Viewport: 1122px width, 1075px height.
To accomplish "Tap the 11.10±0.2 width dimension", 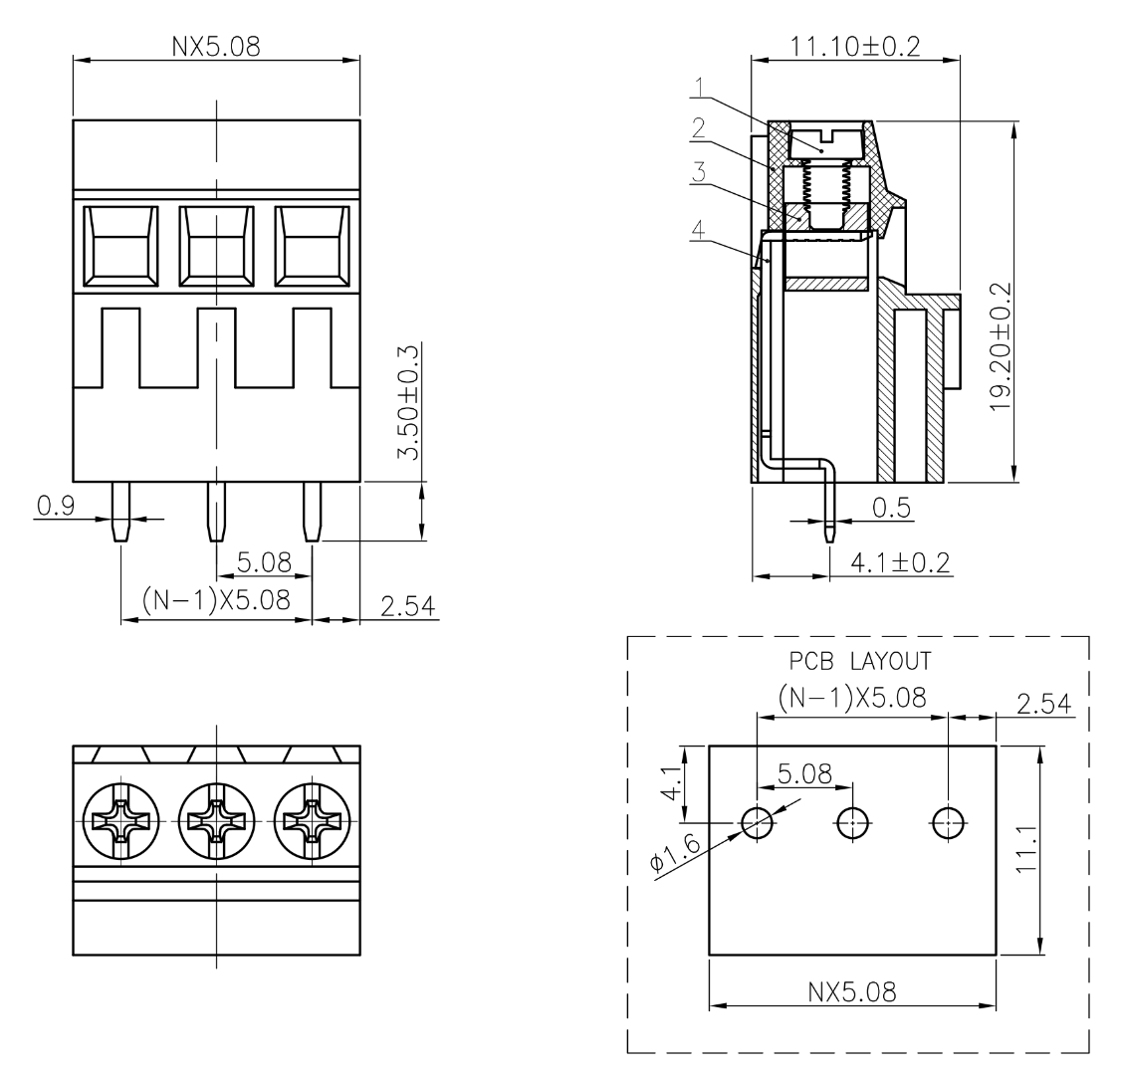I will click(x=854, y=46).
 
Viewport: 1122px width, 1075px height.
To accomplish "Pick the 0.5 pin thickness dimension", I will click(x=891, y=508).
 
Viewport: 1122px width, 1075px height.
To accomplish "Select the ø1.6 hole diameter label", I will click(x=675, y=852).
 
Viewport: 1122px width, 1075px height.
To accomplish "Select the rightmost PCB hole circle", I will click(x=948, y=822).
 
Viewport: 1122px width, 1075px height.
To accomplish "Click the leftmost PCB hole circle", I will click(x=758, y=822).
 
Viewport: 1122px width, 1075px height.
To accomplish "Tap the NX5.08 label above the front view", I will click(x=216, y=46).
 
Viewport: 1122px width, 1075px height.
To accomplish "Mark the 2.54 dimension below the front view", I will click(x=404, y=605).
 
